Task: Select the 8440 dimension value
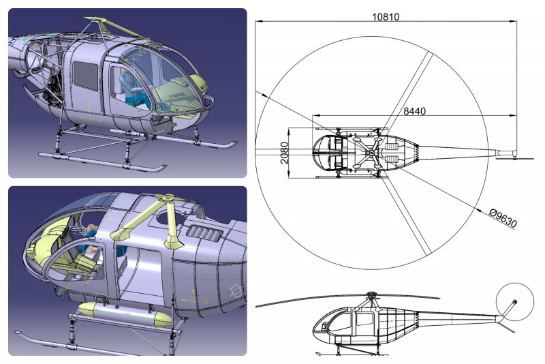coord(416,110)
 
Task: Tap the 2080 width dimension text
coord(284,154)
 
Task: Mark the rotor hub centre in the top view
coord(371,149)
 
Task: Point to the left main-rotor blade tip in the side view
coord(259,305)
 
